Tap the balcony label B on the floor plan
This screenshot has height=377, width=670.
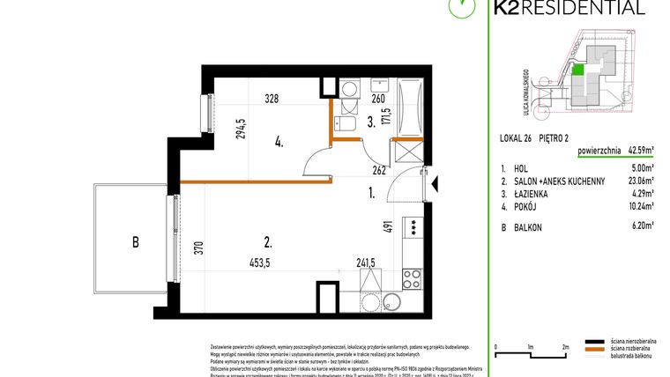(135, 241)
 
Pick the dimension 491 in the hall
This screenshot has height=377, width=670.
(386, 227)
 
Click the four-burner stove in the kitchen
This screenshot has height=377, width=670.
(412, 279)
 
